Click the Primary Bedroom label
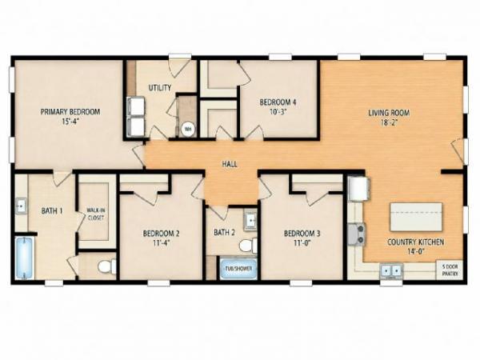click(70, 112)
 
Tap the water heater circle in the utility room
click(187, 130)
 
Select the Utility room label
click(160, 88)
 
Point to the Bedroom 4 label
click(278, 102)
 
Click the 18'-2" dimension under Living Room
click(389, 122)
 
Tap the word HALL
click(230, 164)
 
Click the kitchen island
click(416, 217)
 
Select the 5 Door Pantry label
click(450, 270)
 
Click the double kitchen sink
click(391, 271)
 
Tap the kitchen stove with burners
click(357, 234)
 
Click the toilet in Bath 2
click(248, 246)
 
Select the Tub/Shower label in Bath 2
click(238, 269)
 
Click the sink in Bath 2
click(250, 221)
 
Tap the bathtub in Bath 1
click(25, 258)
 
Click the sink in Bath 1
click(21, 206)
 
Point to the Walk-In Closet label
click(96, 214)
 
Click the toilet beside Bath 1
click(107, 266)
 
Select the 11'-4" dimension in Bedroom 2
click(161, 242)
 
